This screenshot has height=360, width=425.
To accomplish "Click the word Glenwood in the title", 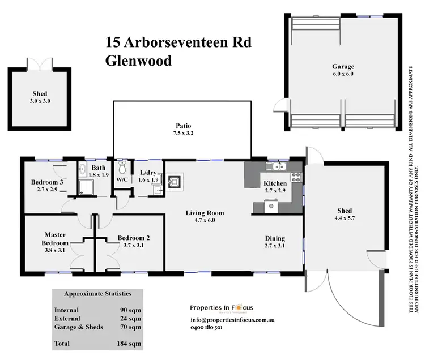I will [x=138, y=61].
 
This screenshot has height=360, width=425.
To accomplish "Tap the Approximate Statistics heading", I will [x=97, y=294].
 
